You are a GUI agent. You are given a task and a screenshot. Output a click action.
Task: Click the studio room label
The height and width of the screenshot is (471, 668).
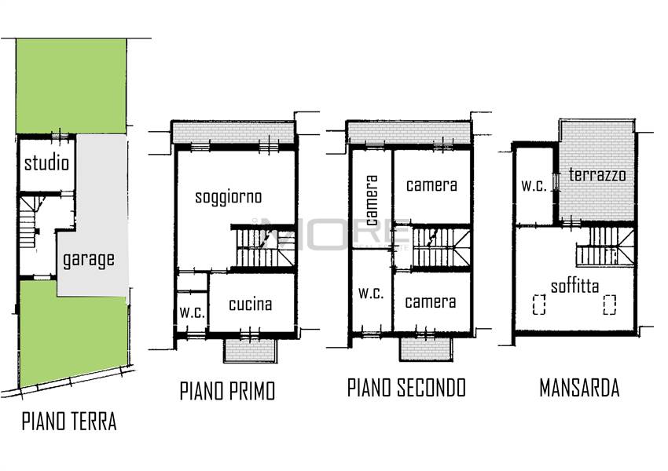click(46, 163)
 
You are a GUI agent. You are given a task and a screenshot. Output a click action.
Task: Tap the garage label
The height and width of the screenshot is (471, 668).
click(89, 259)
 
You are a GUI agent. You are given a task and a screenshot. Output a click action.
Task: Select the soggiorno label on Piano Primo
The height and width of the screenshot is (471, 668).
click(229, 197)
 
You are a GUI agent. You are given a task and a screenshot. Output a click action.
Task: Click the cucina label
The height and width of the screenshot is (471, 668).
click(250, 304)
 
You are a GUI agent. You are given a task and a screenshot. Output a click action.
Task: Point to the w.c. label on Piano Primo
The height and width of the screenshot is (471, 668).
click(192, 312)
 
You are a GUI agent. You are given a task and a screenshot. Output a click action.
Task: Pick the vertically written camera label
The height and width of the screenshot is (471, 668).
click(372, 200)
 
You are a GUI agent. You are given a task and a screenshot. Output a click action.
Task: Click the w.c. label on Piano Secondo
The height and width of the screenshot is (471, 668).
click(371, 293)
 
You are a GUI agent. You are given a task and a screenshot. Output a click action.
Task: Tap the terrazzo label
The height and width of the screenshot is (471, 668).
click(597, 174)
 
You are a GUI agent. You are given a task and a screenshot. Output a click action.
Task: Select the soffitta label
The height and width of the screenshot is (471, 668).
click(574, 286)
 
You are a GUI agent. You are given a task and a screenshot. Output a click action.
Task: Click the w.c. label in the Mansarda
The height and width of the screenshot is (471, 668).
click(534, 185)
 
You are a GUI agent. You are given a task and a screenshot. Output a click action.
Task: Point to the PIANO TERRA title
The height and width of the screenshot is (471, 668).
click(69, 422)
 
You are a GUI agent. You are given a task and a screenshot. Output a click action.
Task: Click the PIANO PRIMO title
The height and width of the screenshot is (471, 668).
click(227, 391)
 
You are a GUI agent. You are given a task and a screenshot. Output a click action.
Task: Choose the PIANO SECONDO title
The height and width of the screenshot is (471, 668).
click(406, 387)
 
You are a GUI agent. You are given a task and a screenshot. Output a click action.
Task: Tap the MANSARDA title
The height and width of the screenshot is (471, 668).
click(579, 388)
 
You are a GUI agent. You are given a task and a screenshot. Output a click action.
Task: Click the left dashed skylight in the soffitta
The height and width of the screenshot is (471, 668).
click(539, 305)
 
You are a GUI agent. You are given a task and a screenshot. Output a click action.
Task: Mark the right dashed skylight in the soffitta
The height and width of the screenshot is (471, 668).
click(610, 305)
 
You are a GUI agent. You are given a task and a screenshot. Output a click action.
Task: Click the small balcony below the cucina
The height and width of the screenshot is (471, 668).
click(251, 351)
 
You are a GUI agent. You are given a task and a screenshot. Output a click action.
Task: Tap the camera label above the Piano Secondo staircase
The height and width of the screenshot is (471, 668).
click(431, 185)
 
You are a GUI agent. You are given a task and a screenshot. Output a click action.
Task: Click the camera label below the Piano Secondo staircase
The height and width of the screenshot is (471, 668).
click(431, 301)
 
